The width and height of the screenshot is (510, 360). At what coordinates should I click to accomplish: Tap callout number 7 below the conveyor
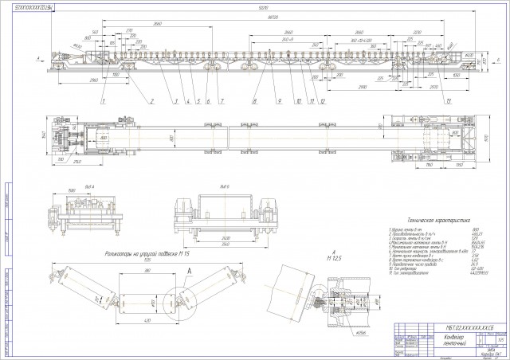[x=222, y=101]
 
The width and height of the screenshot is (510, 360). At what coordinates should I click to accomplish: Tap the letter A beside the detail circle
[x=187, y=270]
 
